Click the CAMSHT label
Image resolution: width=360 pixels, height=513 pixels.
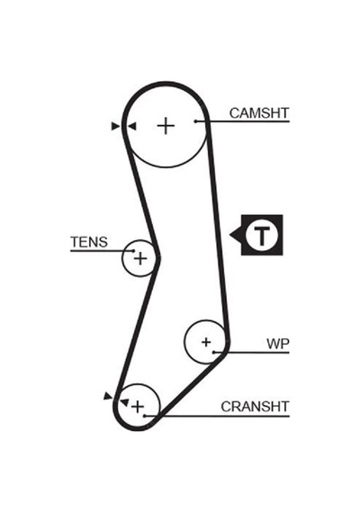(x=259, y=113)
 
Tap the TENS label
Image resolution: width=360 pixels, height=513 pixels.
(x=89, y=242)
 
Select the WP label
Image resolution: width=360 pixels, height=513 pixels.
(x=278, y=344)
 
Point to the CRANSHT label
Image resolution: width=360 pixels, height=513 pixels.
(x=255, y=407)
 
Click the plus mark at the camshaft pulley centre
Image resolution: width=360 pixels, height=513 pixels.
(x=166, y=126)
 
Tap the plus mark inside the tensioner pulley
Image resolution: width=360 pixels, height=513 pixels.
(x=140, y=259)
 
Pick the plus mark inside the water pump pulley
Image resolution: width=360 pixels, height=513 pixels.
(x=206, y=342)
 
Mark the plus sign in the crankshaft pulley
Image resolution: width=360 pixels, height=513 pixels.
(x=138, y=407)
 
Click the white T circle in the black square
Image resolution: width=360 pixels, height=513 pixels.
(x=262, y=235)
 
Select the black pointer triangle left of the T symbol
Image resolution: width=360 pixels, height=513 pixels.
(x=236, y=235)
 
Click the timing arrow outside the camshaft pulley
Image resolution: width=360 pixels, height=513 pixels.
(x=116, y=126)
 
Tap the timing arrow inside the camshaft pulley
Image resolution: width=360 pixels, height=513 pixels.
(x=131, y=126)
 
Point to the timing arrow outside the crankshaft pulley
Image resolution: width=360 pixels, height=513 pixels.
(x=108, y=396)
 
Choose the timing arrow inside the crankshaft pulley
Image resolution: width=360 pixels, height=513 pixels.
(x=124, y=401)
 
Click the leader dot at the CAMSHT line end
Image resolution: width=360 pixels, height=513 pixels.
(x=195, y=121)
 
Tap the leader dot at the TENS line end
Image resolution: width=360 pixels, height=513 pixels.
(x=133, y=250)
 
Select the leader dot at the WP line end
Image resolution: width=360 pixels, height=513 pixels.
(x=214, y=353)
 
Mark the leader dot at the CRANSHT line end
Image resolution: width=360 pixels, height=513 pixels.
(x=145, y=416)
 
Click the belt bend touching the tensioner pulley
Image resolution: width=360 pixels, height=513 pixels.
(x=157, y=258)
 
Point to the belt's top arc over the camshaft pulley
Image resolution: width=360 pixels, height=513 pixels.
(x=166, y=84)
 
